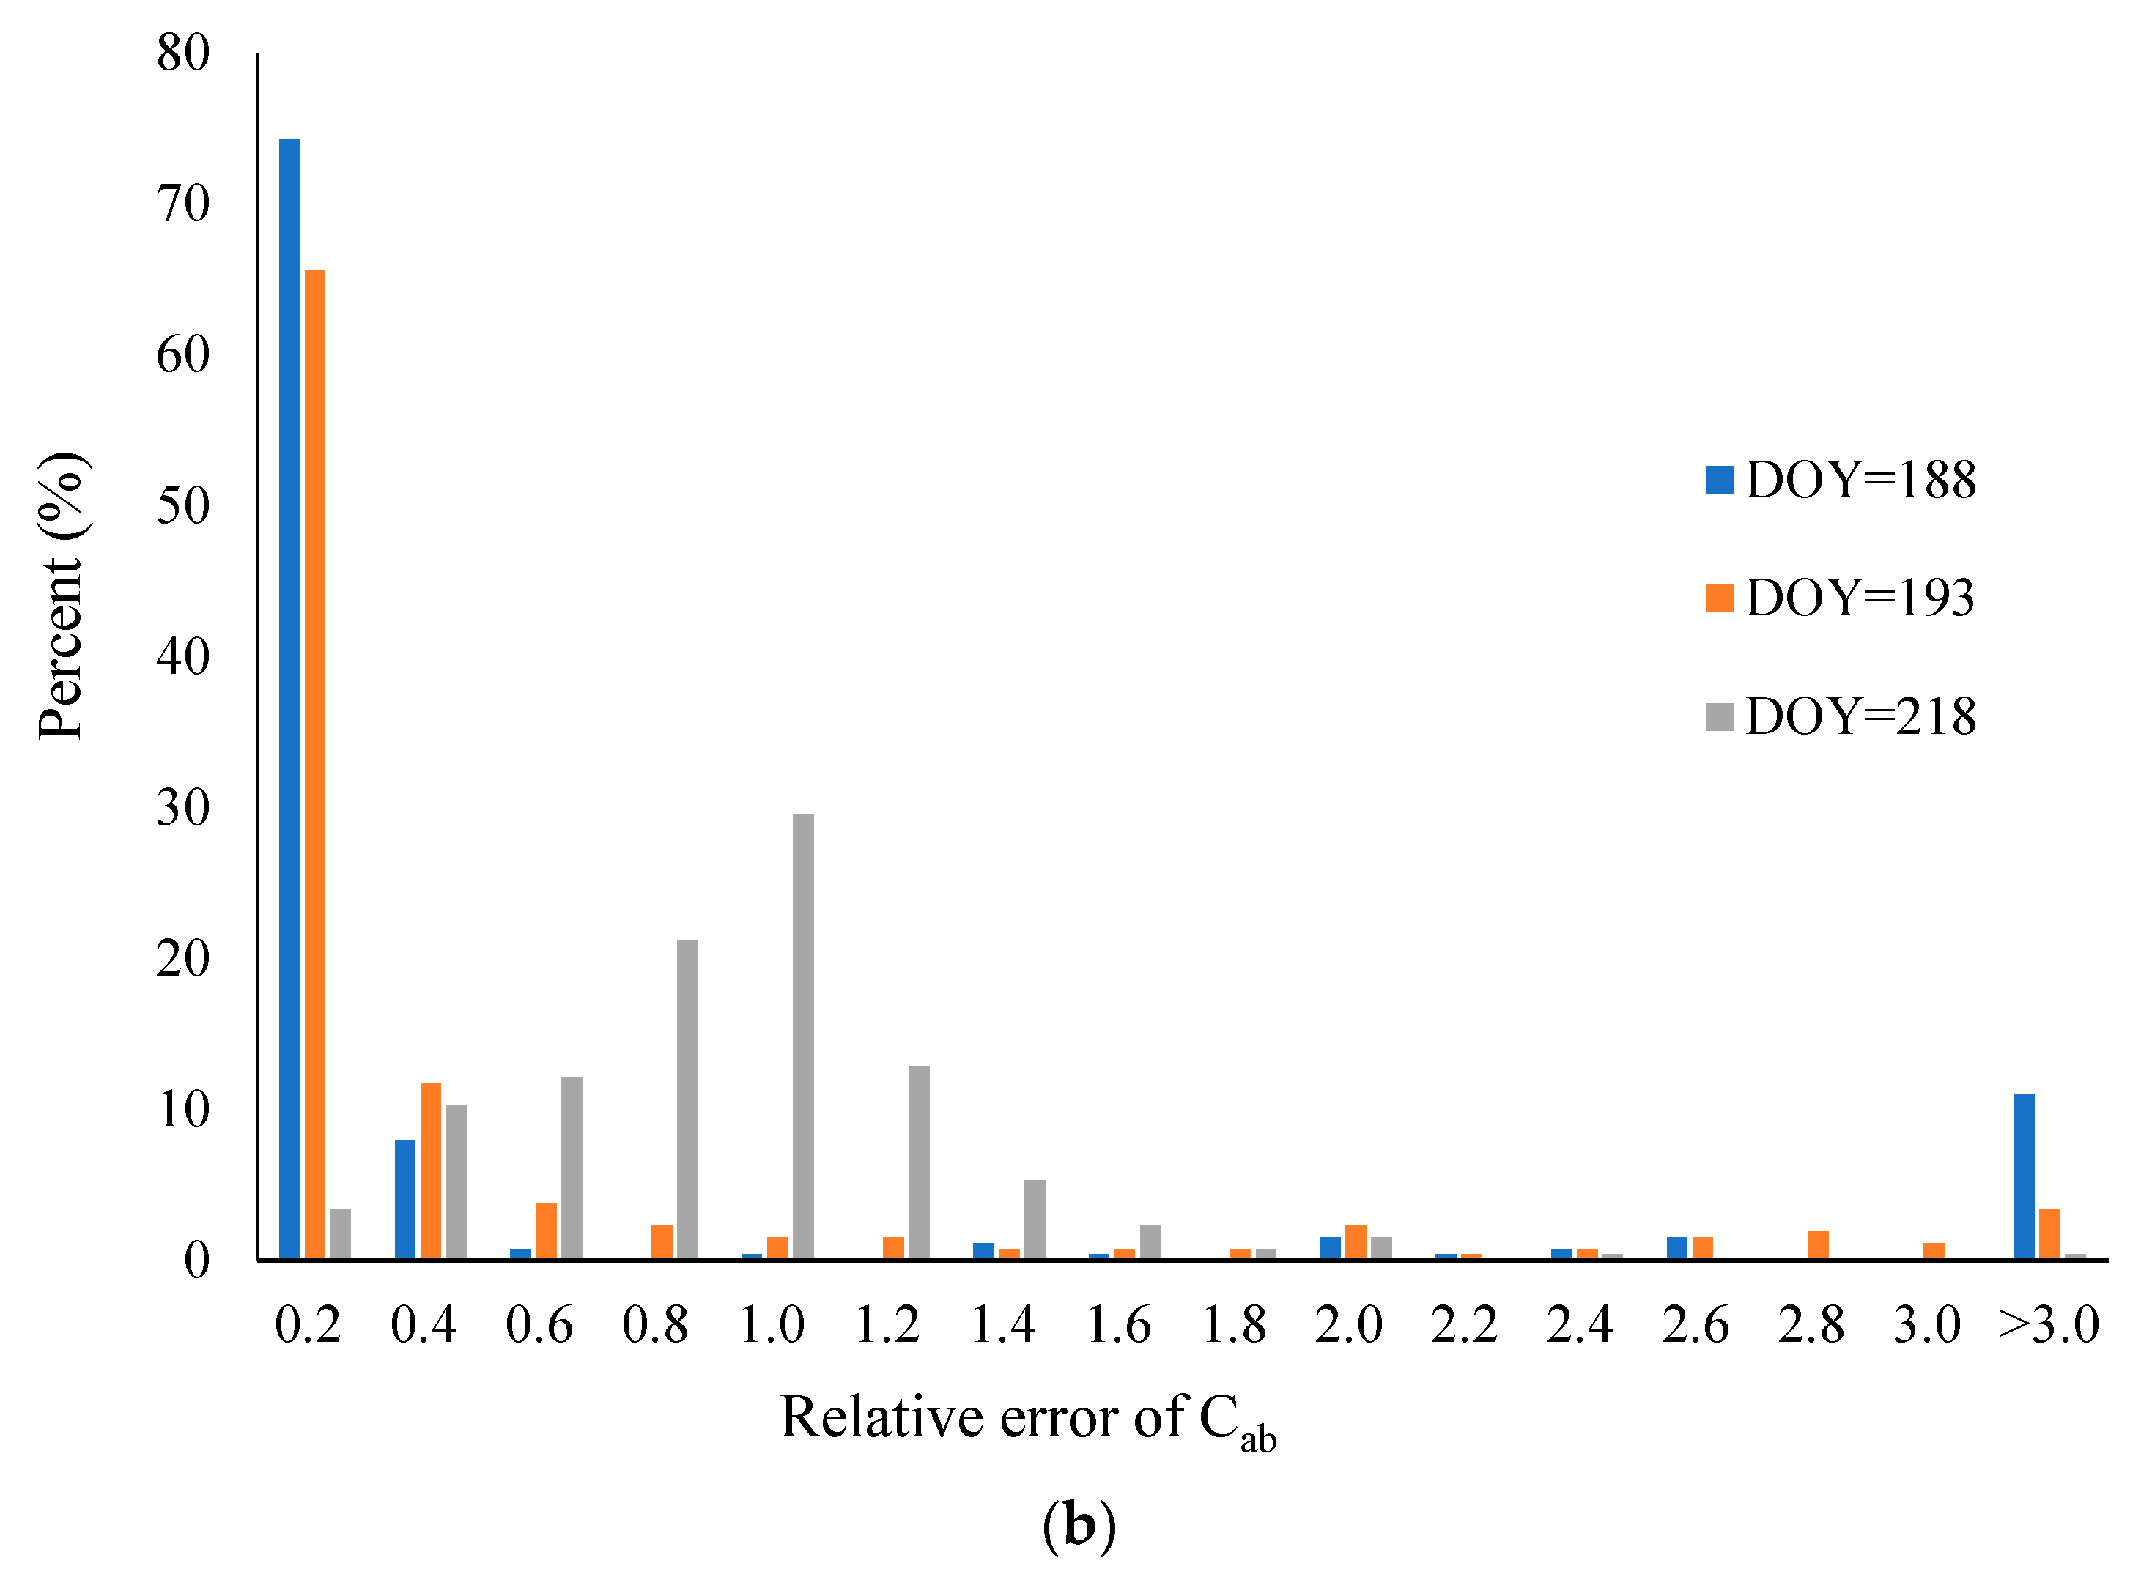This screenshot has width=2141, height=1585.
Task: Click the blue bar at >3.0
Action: click(x=2024, y=1176)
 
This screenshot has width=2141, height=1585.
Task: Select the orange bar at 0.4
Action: click(x=431, y=1170)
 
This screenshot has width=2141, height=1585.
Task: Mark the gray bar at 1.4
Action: click(x=1035, y=1219)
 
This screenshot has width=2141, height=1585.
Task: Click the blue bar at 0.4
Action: click(x=405, y=1198)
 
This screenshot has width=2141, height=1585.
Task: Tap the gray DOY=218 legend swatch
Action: click(x=1720, y=717)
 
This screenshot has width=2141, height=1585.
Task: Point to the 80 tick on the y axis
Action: click(x=183, y=53)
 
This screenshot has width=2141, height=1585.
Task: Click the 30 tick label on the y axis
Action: click(x=183, y=808)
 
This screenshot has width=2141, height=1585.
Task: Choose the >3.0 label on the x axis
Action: click(x=2049, y=1326)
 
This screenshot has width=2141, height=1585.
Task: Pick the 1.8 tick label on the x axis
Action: click(x=1235, y=1326)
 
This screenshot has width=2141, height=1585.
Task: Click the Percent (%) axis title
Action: click(x=62, y=595)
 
